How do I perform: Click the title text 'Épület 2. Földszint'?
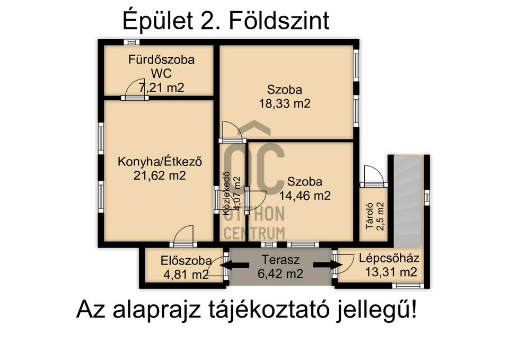[x=225, y=21]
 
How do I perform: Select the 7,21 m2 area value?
[x=161, y=87]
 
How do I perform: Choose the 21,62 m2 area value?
[x=160, y=175]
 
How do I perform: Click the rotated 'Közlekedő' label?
[x=226, y=194]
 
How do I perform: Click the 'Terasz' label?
[x=281, y=260]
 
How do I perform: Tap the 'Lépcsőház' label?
[x=389, y=259]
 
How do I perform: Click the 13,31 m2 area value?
[x=390, y=273]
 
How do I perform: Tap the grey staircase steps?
[x=406, y=201]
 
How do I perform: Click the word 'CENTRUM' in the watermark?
[x=254, y=232]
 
